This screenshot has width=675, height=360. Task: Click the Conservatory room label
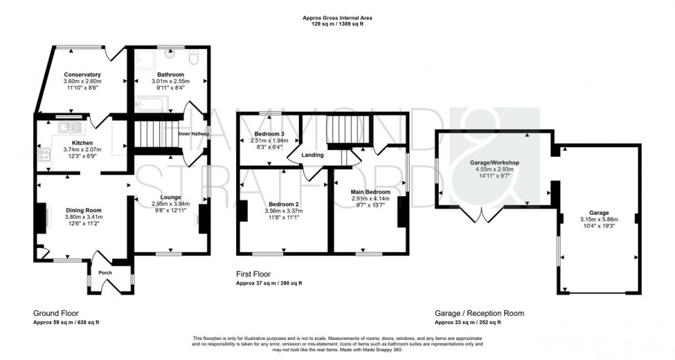pos(83,74)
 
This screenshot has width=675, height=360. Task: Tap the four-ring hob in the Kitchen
pos(44,156)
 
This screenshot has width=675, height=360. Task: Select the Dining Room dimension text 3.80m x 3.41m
pos(83,217)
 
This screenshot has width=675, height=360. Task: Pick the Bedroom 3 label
pos(269,133)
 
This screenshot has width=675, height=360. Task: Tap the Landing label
pos(313,156)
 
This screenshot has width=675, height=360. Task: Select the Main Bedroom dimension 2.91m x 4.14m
pos(371,198)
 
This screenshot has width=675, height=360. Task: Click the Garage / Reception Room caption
pos(479,313)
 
